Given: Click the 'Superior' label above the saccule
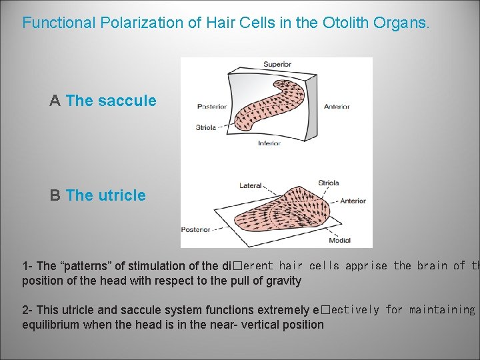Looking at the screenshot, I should [277, 65].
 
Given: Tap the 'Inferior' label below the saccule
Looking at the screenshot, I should [269, 143].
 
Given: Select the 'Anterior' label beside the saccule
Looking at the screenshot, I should [337, 106].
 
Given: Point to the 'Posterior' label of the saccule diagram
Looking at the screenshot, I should [211, 106].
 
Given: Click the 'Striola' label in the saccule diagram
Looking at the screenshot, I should [205, 127].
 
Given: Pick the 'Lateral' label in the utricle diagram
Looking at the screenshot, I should [250, 185].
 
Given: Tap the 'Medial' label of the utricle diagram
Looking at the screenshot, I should [339, 240].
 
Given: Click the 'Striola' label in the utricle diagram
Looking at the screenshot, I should [328, 183].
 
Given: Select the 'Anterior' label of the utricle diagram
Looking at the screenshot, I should [353, 201].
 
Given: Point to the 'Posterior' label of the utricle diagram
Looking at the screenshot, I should [195, 229].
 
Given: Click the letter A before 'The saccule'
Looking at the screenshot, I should [55, 101].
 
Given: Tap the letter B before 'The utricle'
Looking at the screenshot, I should [55, 195].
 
